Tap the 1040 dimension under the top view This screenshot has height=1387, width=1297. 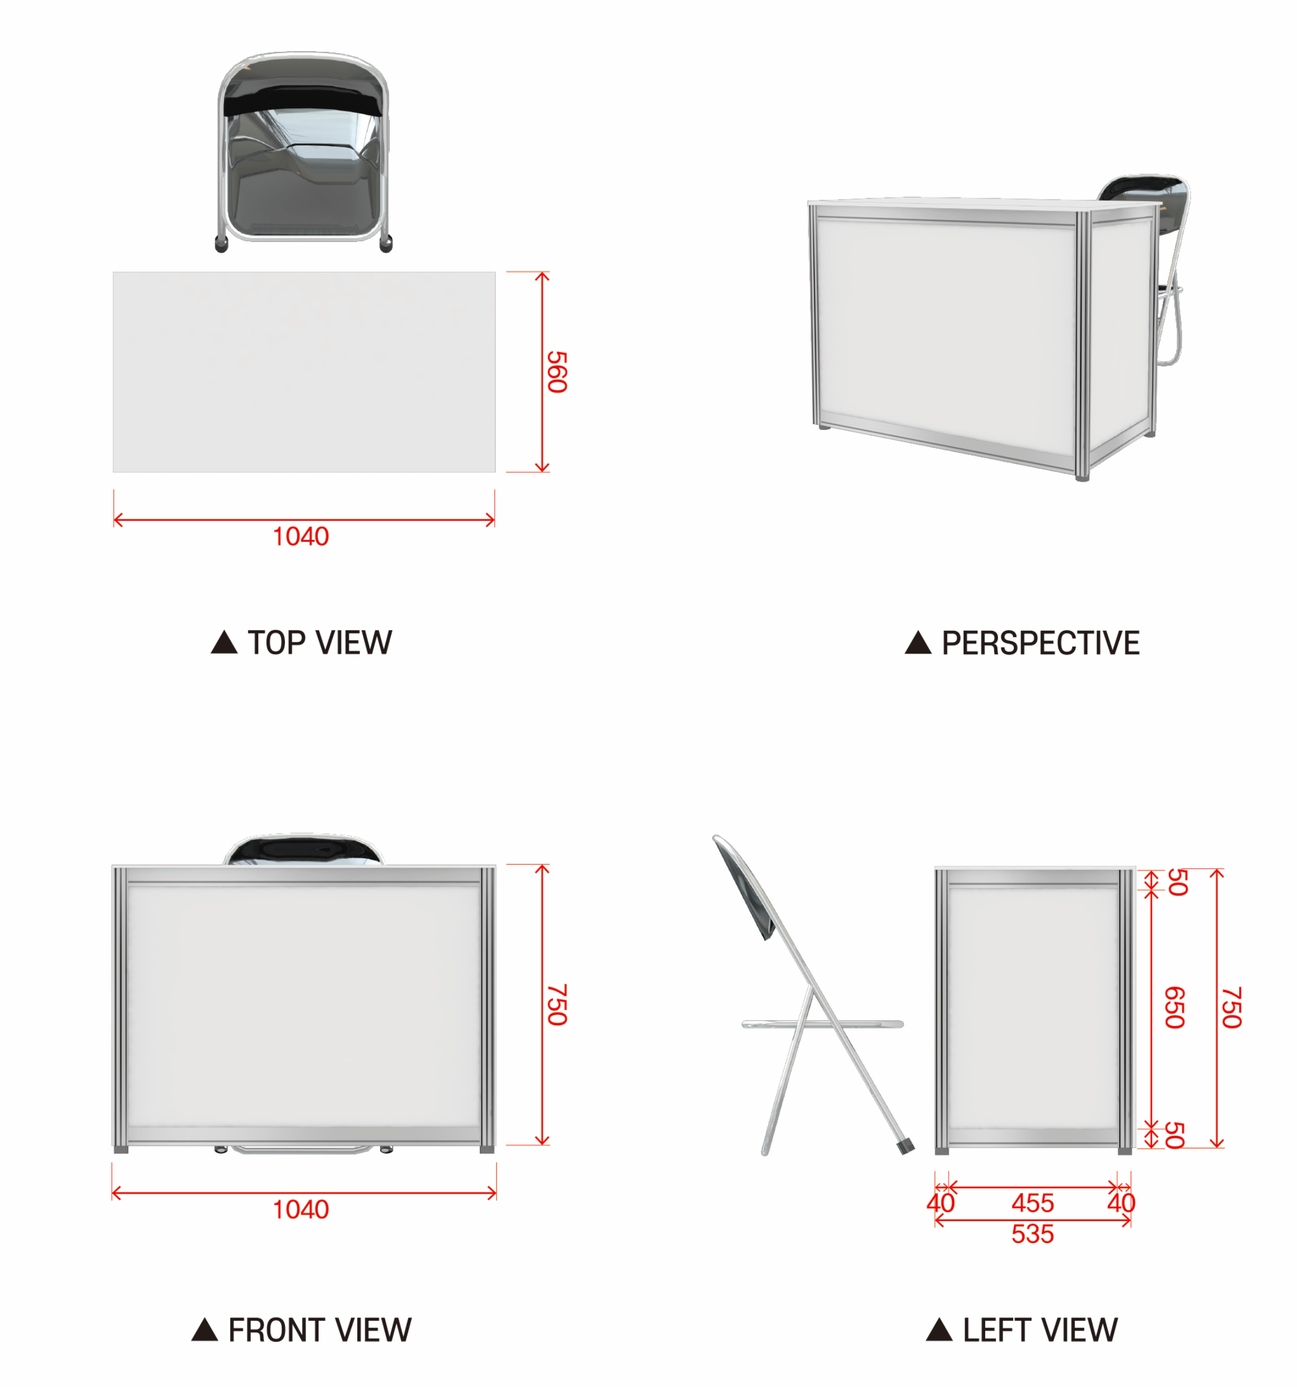coord(300,537)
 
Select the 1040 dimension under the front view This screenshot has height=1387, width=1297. coord(300,1210)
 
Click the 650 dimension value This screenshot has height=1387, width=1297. coord(1175,1008)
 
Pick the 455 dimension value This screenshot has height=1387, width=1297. coord(1033,1203)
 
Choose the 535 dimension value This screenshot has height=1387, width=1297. coord(1033,1234)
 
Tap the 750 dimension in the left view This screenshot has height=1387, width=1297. coord(1231,1008)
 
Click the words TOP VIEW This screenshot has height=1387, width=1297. coord(320,643)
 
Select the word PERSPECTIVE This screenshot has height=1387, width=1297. coord(1041,643)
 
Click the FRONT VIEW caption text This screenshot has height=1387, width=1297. coord(320,1331)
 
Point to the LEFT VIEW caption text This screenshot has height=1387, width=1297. coord(1041,1331)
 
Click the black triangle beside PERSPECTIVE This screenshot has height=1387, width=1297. coord(917,643)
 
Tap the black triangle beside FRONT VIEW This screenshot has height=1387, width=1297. coord(205,1330)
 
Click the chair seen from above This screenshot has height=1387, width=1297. coord(303,151)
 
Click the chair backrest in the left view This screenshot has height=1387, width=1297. coord(745,886)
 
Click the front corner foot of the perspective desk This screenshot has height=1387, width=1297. coord(1082,477)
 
